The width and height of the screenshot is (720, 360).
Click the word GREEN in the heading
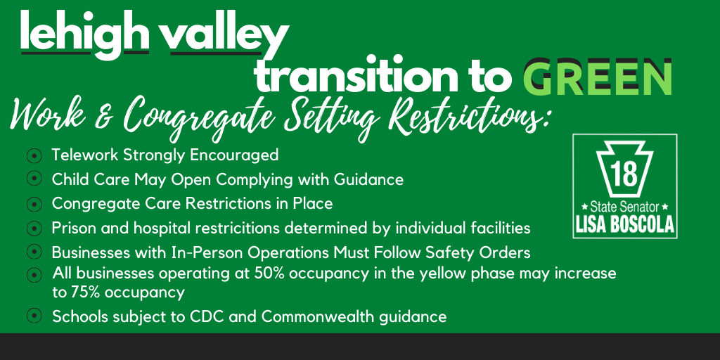coord(598,77)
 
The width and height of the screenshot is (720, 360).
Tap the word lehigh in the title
coord(84,34)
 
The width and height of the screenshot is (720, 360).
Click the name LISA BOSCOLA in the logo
coord(625,224)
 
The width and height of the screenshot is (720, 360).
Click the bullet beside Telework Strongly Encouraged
coord(34,155)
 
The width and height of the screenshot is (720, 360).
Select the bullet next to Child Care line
coord(34,179)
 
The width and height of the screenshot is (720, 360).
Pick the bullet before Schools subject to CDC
coord(34,316)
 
